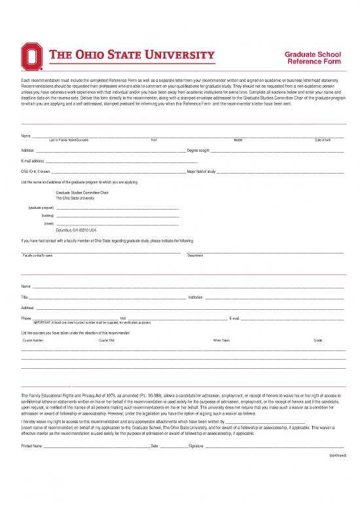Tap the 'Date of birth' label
(x=322, y=140)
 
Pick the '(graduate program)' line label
(x=41, y=207)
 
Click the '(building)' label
(x=47, y=215)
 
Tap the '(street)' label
(x=48, y=223)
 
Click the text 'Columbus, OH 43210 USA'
(x=76, y=230)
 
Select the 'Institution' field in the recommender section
(x=275, y=297)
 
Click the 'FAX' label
(x=123, y=318)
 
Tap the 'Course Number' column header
(x=33, y=341)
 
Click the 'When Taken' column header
(x=221, y=341)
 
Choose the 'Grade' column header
(x=318, y=341)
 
